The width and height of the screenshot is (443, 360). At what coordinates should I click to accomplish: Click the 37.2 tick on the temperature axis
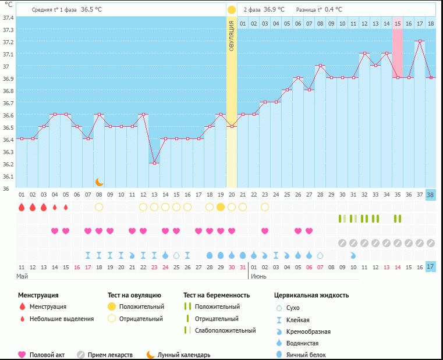(x=8, y=42)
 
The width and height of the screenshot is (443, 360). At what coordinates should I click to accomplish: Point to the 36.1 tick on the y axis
(x=8, y=177)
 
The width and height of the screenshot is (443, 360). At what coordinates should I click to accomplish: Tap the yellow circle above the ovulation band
(x=232, y=10)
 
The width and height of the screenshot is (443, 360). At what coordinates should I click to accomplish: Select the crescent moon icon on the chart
(x=100, y=182)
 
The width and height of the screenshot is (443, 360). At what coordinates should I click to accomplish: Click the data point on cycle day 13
(x=154, y=163)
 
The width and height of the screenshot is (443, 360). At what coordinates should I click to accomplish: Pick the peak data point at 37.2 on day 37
(x=420, y=41)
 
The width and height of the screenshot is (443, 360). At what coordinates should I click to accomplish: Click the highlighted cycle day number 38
(x=431, y=194)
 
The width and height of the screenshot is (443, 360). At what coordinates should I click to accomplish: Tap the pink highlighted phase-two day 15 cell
(x=398, y=23)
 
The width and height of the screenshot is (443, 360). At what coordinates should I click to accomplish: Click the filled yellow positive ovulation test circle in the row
(x=221, y=207)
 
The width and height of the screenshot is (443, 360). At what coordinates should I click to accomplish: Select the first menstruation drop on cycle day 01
(x=22, y=207)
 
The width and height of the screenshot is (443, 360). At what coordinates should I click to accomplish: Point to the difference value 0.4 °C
(x=334, y=10)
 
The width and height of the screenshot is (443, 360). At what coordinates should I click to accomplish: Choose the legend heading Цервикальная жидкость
(x=311, y=295)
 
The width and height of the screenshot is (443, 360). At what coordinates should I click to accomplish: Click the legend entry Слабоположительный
(x=225, y=330)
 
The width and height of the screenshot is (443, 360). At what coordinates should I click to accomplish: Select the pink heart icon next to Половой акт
(x=22, y=355)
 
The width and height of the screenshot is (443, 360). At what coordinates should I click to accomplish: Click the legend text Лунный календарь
(x=184, y=355)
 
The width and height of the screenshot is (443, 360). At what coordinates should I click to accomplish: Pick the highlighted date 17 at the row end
(x=431, y=266)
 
